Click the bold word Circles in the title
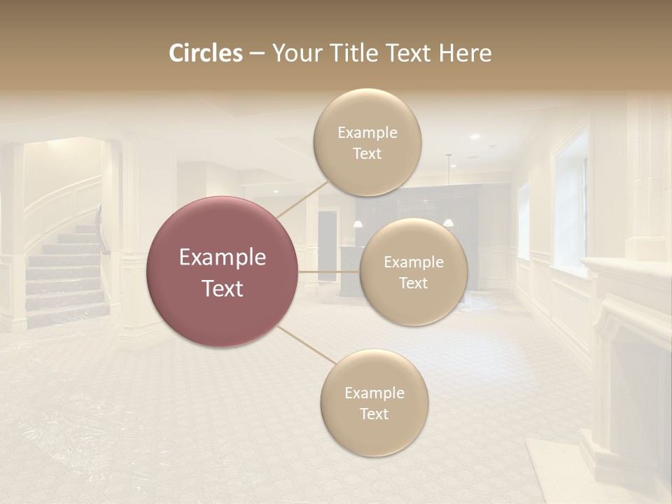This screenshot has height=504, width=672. pyautogui.click(x=205, y=53)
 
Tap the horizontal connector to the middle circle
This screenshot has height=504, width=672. pyautogui.click(x=329, y=272)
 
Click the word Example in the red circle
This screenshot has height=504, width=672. pyautogui.click(x=223, y=258)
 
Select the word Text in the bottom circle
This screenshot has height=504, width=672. pyautogui.click(x=374, y=414)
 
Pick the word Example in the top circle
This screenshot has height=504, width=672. pyautogui.click(x=367, y=132)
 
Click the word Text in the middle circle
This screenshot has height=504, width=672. pyautogui.click(x=413, y=283)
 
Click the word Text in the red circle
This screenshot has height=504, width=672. pyautogui.click(x=223, y=288)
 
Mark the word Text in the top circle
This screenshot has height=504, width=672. pyautogui.click(x=367, y=153)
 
